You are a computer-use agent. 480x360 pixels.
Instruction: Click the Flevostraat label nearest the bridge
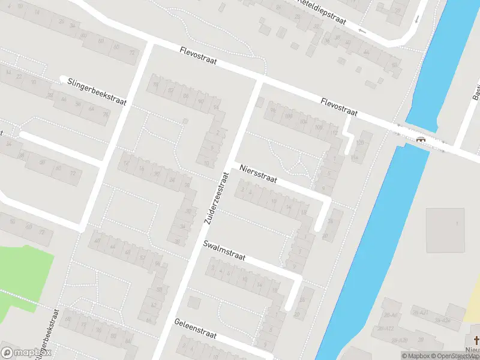pyautogui.click(x=339, y=107)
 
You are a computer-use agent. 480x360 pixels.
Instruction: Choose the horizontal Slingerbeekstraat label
pyautogui.click(x=97, y=91)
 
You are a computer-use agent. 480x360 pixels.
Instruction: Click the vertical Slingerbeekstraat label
pyautogui.click(x=47, y=333)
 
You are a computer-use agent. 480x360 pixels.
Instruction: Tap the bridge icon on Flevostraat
pyautogui.click(x=421, y=139)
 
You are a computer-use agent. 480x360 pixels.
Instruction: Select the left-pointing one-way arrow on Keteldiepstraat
pyautogui.click(x=362, y=30)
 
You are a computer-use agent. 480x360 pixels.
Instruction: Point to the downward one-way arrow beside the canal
pyautogui.click(x=417, y=18)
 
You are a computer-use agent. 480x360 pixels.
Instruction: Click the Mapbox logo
pyautogui.click(x=26, y=352)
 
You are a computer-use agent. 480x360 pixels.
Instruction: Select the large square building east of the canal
pyautogui.click(x=445, y=230)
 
